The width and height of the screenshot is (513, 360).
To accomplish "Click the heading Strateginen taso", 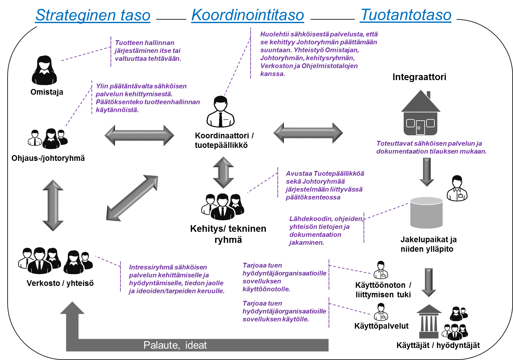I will tap(93, 15).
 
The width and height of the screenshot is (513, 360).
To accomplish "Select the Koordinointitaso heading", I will tap(248, 15).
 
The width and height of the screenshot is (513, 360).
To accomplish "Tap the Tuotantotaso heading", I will tap(406, 15).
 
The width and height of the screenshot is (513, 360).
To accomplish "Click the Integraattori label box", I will tap(419, 77).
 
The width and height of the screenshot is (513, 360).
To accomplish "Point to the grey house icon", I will tap(420, 113).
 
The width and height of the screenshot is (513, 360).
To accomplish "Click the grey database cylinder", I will tap(426, 212).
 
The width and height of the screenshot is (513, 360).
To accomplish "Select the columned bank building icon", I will tap(429, 321).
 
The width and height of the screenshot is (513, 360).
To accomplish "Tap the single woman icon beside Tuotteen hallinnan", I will tap(44, 70).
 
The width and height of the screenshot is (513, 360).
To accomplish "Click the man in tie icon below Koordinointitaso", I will tap(220, 111).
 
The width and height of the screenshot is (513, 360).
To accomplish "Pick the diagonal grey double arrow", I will tap(132, 198).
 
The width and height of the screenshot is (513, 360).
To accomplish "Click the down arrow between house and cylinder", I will tap(426, 172).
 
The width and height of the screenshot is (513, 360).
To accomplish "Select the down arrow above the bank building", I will tap(428, 282).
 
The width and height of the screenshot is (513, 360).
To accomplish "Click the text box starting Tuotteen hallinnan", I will tap(153, 51).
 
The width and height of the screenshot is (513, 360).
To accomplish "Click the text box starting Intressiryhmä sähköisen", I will tap(177, 276).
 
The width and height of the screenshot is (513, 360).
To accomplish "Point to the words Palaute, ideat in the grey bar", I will tap(175, 345).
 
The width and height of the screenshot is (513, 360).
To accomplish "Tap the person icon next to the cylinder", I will tap(456, 188).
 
